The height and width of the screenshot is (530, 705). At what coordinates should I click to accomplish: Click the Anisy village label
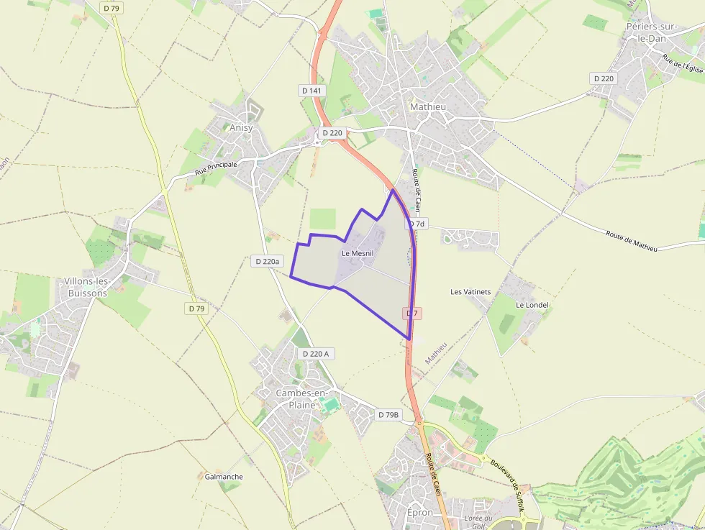(x=241, y=128)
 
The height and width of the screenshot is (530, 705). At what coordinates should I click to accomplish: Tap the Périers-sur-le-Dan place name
(x=648, y=32)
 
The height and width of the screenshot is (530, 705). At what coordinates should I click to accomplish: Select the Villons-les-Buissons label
(x=86, y=287)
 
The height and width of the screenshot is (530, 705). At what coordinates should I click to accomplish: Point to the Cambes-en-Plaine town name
(x=296, y=399)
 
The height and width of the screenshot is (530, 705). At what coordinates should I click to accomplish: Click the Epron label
(x=420, y=512)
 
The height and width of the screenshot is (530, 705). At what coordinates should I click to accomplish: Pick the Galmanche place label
(x=224, y=477)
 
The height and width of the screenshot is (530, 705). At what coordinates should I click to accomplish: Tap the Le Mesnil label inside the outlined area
(x=358, y=253)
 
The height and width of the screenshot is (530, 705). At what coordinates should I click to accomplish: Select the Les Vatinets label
(x=470, y=292)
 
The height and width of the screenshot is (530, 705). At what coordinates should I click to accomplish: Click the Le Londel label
(x=532, y=305)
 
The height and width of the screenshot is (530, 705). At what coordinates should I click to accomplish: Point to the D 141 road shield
(x=311, y=91)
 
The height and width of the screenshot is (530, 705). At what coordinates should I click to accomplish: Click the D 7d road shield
(x=417, y=224)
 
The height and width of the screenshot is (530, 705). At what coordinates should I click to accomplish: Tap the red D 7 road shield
(x=412, y=314)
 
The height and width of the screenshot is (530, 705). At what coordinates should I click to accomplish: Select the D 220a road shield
(x=267, y=262)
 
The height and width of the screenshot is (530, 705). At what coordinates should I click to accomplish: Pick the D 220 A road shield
(x=316, y=354)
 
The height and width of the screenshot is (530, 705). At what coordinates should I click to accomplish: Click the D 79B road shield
(x=388, y=415)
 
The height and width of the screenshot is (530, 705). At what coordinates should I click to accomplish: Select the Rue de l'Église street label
(x=683, y=63)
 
